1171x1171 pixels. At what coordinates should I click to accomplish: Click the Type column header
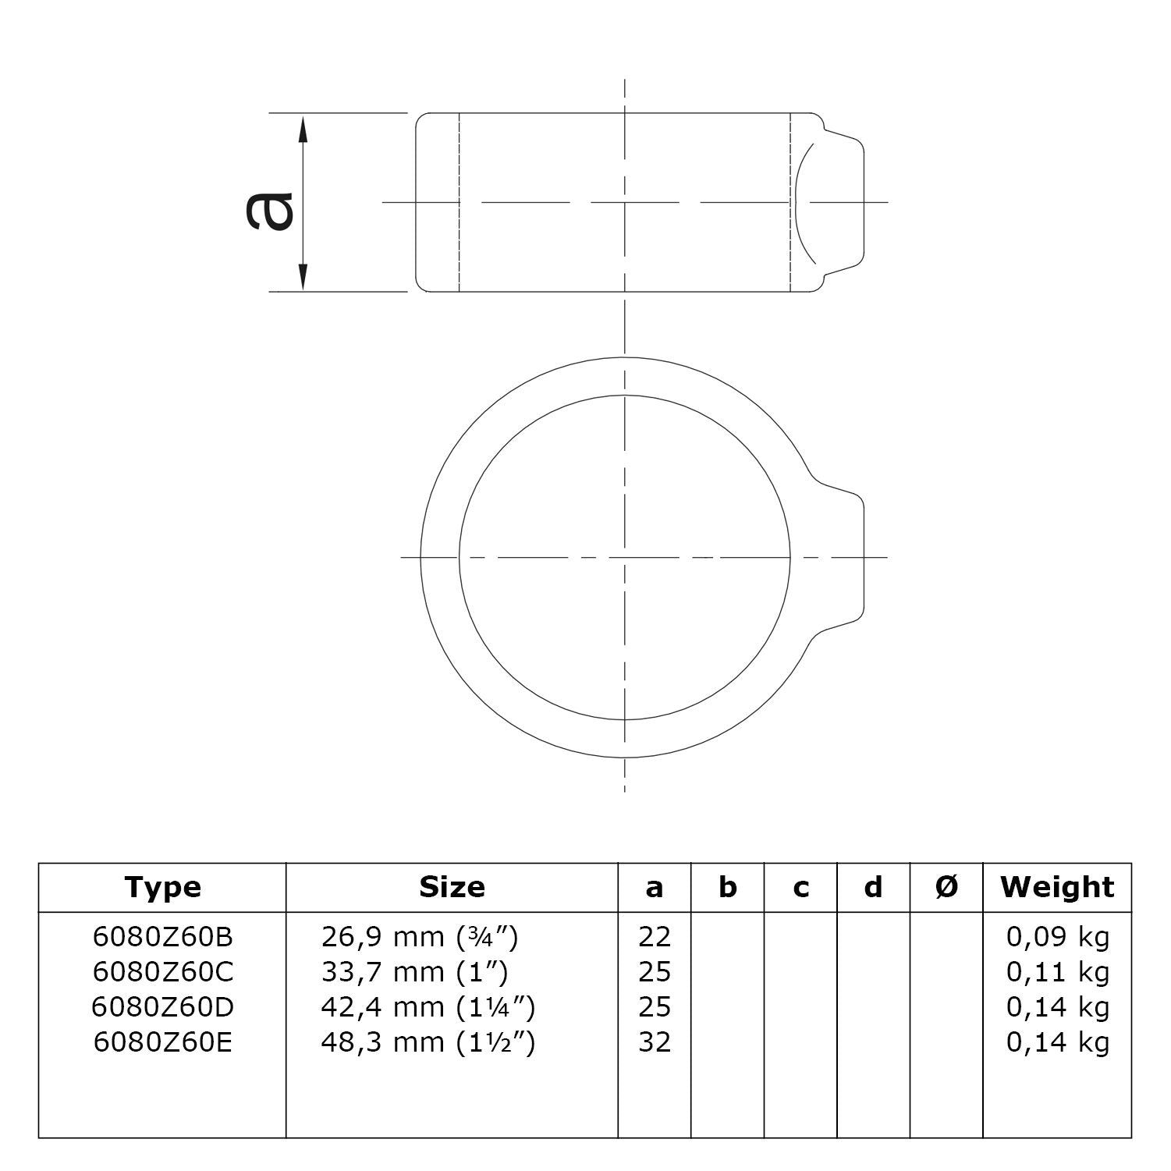(x=162, y=887)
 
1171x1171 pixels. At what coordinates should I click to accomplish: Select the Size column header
(x=452, y=887)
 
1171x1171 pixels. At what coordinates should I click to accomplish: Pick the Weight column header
(x=1057, y=887)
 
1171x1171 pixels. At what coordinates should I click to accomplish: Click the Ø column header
(x=946, y=887)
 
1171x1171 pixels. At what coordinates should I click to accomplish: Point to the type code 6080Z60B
(x=162, y=937)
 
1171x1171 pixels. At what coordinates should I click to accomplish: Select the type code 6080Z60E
(x=162, y=1042)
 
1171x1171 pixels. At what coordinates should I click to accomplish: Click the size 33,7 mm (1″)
(x=414, y=972)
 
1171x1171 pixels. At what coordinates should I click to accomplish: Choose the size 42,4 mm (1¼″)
(x=428, y=1007)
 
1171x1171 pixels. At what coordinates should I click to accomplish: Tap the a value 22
(x=654, y=937)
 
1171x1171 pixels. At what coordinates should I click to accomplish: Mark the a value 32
(x=654, y=1042)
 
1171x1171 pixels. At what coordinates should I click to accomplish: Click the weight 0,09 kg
(x=1057, y=937)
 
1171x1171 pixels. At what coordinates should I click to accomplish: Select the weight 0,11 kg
(x=1057, y=972)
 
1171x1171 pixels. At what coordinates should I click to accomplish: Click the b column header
(x=727, y=887)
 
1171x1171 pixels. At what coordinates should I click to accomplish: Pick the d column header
(x=873, y=887)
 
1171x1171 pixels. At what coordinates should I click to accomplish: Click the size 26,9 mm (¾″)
(x=419, y=937)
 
